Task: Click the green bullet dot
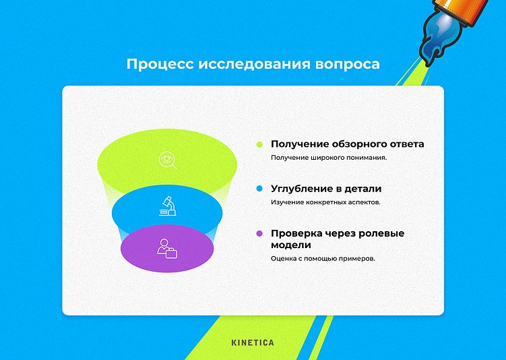(259, 144)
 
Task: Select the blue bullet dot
(259, 189)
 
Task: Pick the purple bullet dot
(259, 234)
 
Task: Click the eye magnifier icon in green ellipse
(167, 160)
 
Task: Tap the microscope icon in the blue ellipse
(167, 206)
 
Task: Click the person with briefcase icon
(166, 248)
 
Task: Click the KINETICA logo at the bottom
(253, 342)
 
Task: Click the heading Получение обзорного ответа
(347, 144)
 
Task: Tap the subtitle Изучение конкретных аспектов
(326, 202)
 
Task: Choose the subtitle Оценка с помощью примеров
(323, 258)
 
